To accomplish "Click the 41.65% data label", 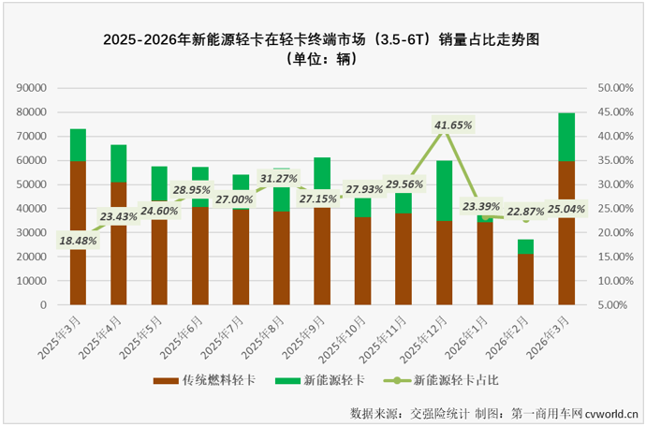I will point(453,125).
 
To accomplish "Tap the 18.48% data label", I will point(78,240).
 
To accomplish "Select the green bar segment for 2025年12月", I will point(444,190).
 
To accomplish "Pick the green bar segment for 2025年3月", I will point(78,144).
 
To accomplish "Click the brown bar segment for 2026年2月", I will point(525,279).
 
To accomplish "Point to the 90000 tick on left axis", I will point(32,87).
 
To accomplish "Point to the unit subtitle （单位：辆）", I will point(323,59).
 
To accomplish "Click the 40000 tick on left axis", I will point(32,208).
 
